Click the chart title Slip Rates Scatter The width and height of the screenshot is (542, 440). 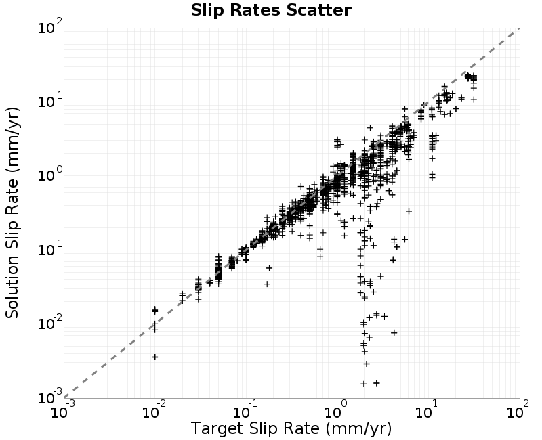(271, 10)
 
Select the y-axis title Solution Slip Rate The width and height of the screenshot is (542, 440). (13, 213)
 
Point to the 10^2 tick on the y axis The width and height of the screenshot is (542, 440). (49, 26)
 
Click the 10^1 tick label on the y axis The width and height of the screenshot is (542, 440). (49, 100)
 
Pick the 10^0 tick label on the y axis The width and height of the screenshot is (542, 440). (49, 175)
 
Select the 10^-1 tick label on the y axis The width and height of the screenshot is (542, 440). (49, 248)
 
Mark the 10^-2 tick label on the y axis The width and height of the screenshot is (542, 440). (49, 323)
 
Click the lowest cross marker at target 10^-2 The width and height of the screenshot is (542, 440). (155, 357)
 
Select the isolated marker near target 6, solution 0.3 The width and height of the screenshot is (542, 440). (409, 211)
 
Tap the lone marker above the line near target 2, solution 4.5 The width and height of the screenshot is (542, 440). (370, 127)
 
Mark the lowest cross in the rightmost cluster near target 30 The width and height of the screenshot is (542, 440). (474, 99)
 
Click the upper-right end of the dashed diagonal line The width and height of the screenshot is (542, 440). (520, 28)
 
